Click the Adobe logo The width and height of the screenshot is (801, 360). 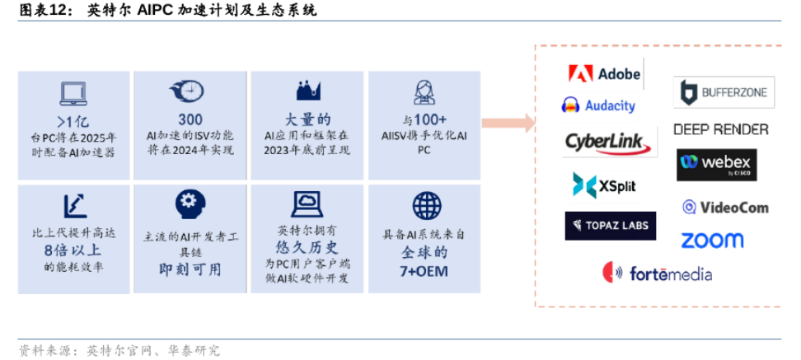[604, 73]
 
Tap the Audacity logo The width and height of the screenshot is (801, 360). [598, 105]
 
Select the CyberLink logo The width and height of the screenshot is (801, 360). [611, 142]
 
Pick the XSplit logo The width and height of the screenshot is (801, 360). [604, 185]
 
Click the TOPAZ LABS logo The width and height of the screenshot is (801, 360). [610, 226]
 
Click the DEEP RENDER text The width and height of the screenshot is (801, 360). [720, 129]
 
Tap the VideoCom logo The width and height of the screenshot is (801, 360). [724, 208]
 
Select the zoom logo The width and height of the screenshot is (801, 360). [711, 241]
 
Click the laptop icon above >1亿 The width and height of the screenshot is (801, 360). [74, 92]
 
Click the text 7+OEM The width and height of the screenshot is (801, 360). [425, 270]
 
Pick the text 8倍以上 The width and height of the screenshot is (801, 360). [73, 249]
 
